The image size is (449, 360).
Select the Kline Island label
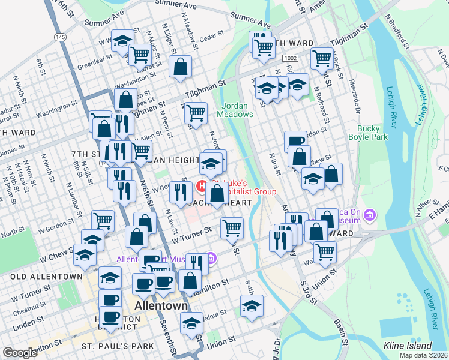[x=408, y=346]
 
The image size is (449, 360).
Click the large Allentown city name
[x=161, y=306]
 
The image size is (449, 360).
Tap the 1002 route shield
[x=290, y=57]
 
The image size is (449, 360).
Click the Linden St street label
[x=24, y=324]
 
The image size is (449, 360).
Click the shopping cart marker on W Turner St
[x=232, y=227]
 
